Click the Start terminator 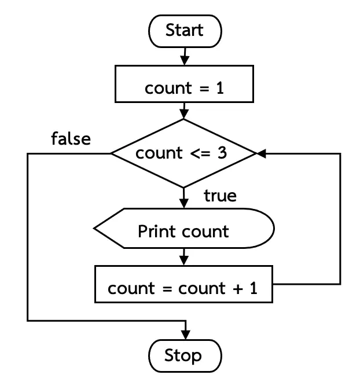[x=185, y=31]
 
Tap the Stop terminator [x=185, y=356]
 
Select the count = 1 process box [x=184, y=84]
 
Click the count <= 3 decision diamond [x=184, y=153]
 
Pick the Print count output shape [x=184, y=228]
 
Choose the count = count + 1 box [x=183, y=284]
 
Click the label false [x=71, y=139]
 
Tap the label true [x=220, y=196]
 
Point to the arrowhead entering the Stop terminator [x=186, y=335]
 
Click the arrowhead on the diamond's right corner [x=262, y=153]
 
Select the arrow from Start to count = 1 [x=185, y=56]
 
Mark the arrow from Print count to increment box [x=184, y=257]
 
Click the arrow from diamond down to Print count [x=184, y=198]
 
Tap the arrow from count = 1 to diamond [x=184, y=111]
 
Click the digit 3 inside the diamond [x=222, y=153]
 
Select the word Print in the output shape [x=156, y=231]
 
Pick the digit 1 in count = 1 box [x=220, y=88]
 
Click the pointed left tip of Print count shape [x=94, y=228]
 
